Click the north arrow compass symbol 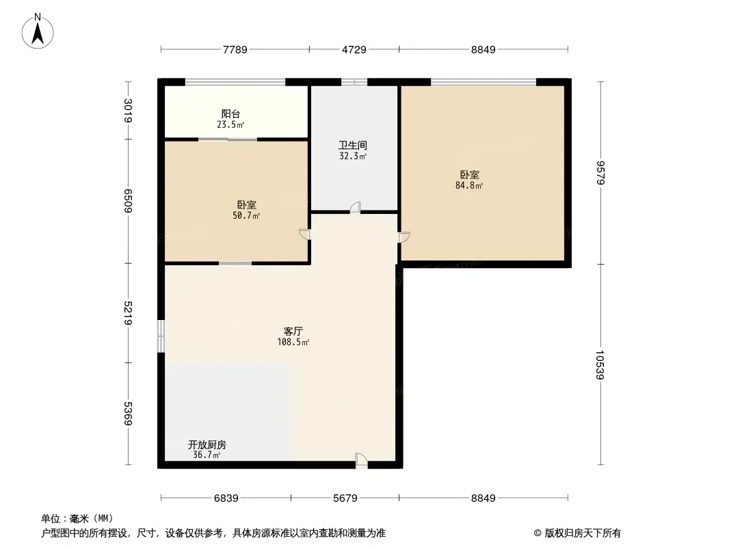(38, 31)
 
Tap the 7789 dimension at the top (235, 49)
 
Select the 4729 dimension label (354, 49)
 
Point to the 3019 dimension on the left (129, 111)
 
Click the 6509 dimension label (129, 201)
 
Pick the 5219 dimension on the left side (129, 313)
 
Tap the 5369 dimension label (129, 413)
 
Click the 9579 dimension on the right (600, 172)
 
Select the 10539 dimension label (600, 365)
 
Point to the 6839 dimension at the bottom (226, 498)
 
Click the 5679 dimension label (345, 498)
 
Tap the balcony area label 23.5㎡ (230, 124)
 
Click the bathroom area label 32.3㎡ (353, 156)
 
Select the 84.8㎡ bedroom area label (469, 185)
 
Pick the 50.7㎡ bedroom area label (246, 215)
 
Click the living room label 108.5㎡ (293, 342)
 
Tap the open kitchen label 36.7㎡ (207, 455)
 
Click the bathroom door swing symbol (355, 207)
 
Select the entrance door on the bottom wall (361, 460)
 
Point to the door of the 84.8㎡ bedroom (404, 237)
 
